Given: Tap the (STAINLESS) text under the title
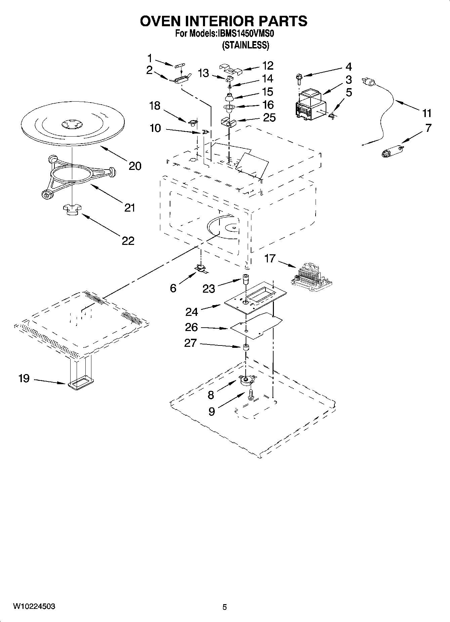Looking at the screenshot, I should [246, 45].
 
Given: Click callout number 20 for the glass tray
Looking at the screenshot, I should [135, 166].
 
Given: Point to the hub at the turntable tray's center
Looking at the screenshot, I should [71, 124].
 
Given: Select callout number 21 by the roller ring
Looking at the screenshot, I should [130, 208].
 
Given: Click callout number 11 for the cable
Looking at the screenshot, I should [427, 113].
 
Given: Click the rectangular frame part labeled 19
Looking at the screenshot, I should [80, 383].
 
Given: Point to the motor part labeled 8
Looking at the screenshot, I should [247, 380].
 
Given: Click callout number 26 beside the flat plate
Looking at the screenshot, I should [192, 327].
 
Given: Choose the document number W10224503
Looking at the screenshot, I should [34, 607].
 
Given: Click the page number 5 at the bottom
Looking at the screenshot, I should [224, 607].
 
